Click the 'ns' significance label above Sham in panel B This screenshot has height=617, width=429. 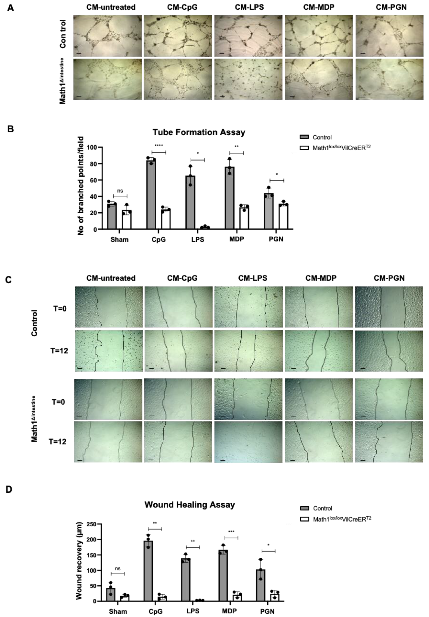pyautogui.click(x=120, y=191)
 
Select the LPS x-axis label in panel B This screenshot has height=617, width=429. pyautogui.click(x=198, y=239)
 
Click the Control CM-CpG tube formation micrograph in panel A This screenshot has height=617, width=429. pyautogui.click(x=178, y=36)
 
